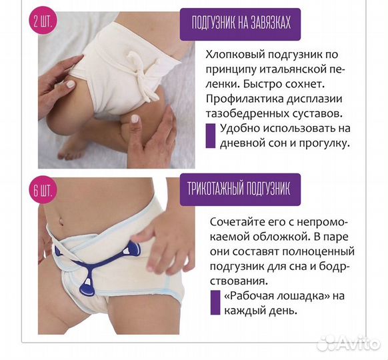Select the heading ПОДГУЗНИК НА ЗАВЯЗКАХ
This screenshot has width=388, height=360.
point(249,27)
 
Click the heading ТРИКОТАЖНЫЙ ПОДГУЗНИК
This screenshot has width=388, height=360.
point(249,189)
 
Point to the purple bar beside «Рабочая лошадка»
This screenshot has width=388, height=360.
point(215,302)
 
